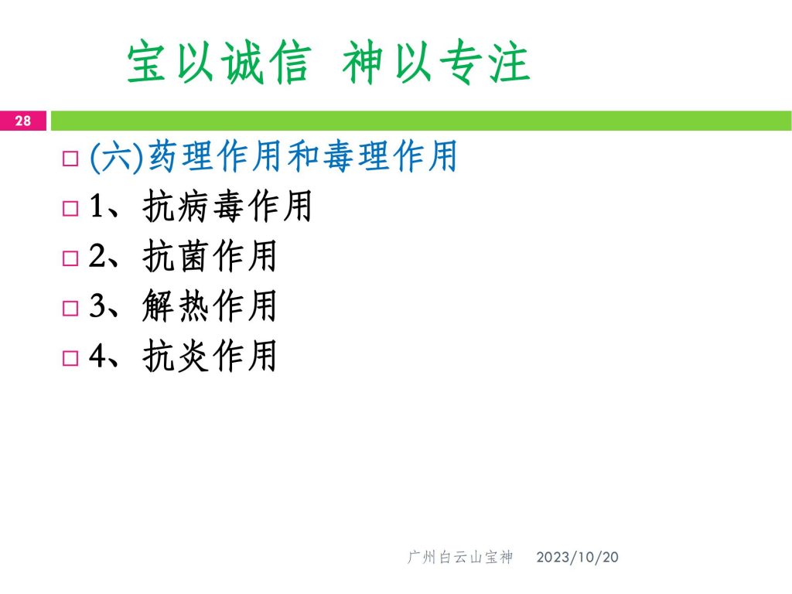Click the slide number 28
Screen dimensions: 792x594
pyautogui.click(x=22, y=121)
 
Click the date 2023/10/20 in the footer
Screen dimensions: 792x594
pyautogui.click(x=577, y=557)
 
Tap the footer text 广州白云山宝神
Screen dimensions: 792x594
pyautogui.click(x=460, y=557)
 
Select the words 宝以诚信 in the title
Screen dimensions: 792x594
pyautogui.click(x=219, y=62)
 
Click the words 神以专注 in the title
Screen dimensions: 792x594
pyautogui.click(x=436, y=62)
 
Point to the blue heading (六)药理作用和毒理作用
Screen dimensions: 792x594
pyautogui.click(x=273, y=156)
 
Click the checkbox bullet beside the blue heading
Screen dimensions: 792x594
pyautogui.click(x=70, y=159)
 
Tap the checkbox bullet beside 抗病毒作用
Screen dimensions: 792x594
pyautogui.click(x=70, y=209)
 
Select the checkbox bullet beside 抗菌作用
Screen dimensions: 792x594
pyautogui.click(x=70, y=258)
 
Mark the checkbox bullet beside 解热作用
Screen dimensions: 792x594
pyautogui.click(x=70, y=309)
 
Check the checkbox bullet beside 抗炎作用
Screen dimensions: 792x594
pyautogui.click(x=70, y=359)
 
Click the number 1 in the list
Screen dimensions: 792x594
pyautogui.click(x=97, y=206)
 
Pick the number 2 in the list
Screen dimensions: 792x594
pyautogui.click(x=97, y=255)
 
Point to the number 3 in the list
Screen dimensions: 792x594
pyautogui.click(x=97, y=306)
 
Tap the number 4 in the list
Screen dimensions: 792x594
pyautogui.click(x=97, y=356)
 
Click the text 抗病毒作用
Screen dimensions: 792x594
pyautogui.click(x=227, y=206)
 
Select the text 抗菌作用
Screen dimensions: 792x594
pyautogui.click(x=210, y=255)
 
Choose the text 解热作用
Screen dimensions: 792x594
pyautogui.click(x=210, y=306)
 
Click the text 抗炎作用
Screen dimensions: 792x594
pyautogui.click(x=210, y=356)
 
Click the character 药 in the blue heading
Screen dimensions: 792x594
pyautogui.click(x=163, y=156)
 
